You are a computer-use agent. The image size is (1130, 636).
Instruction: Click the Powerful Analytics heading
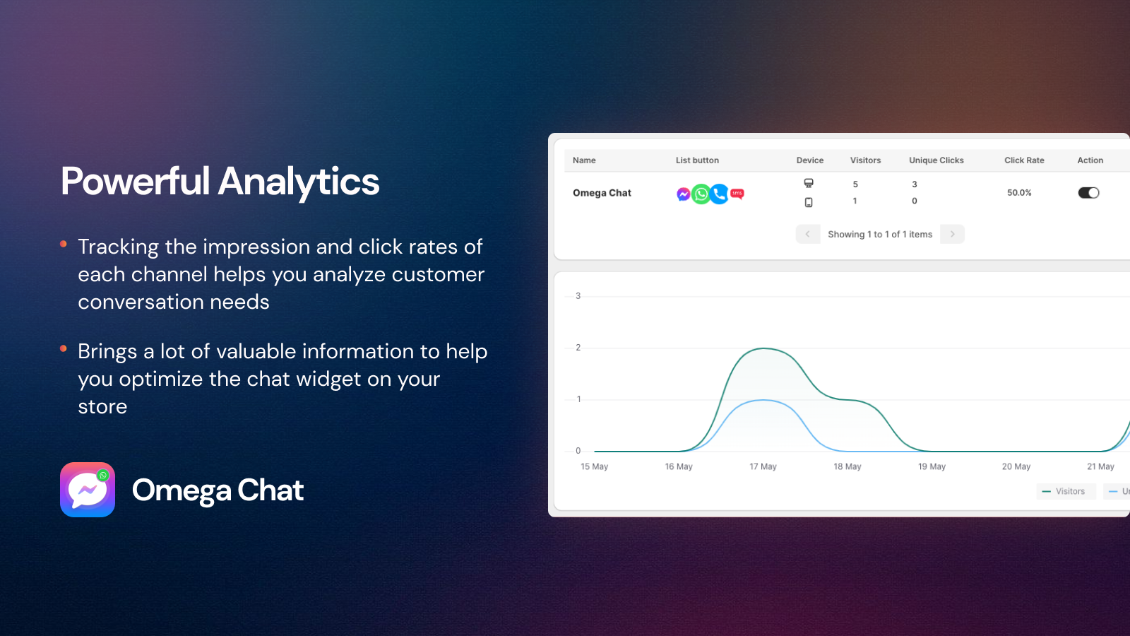pos(220,182)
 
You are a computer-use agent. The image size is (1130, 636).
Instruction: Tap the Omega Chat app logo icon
pos(88,490)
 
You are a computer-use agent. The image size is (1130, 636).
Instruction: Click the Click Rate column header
pos(1024,160)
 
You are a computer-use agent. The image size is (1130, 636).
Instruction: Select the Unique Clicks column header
pos(936,160)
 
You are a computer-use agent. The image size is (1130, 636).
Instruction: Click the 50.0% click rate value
pos(1019,193)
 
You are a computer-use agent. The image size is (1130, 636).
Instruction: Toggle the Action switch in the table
pos(1088,193)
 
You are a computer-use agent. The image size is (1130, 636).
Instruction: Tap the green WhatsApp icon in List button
pos(701,194)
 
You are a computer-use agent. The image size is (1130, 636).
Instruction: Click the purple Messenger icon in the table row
pos(683,194)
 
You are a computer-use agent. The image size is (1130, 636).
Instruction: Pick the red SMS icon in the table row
pos(737,194)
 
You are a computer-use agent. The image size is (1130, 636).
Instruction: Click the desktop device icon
pos(809,183)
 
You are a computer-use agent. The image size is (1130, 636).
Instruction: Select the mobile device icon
pos(809,202)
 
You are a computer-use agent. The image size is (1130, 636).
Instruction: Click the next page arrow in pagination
pos(952,234)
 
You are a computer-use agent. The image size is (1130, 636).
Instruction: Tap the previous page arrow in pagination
pos(807,234)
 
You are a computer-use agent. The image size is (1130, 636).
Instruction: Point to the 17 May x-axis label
pos(763,466)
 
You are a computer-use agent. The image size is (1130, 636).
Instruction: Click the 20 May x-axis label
pos(1016,466)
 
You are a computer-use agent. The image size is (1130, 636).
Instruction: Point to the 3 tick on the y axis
pos(578,296)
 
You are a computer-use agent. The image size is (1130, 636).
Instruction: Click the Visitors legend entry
pos(1066,491)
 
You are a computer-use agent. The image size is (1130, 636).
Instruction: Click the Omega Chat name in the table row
pos(602,193)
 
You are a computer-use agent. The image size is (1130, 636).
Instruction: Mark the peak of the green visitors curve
pos(764,348)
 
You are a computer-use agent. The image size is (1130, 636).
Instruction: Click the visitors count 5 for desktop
pos(855,184)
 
